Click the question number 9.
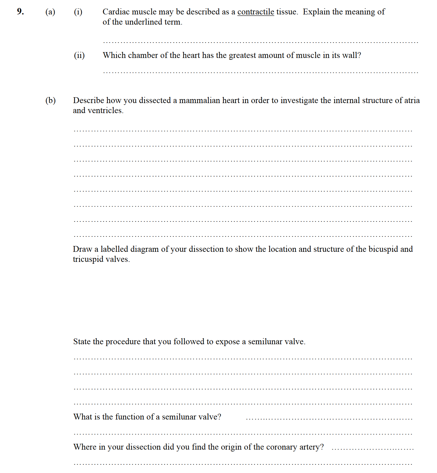tap(20, 12)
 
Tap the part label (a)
tap(50, 12)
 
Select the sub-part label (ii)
tap(79, 55)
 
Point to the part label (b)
tap(50, 100)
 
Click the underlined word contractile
tap(256, 12)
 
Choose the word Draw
tap(82, 249)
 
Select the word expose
tap(227, 342)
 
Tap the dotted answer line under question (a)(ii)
tap(260, 73)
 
